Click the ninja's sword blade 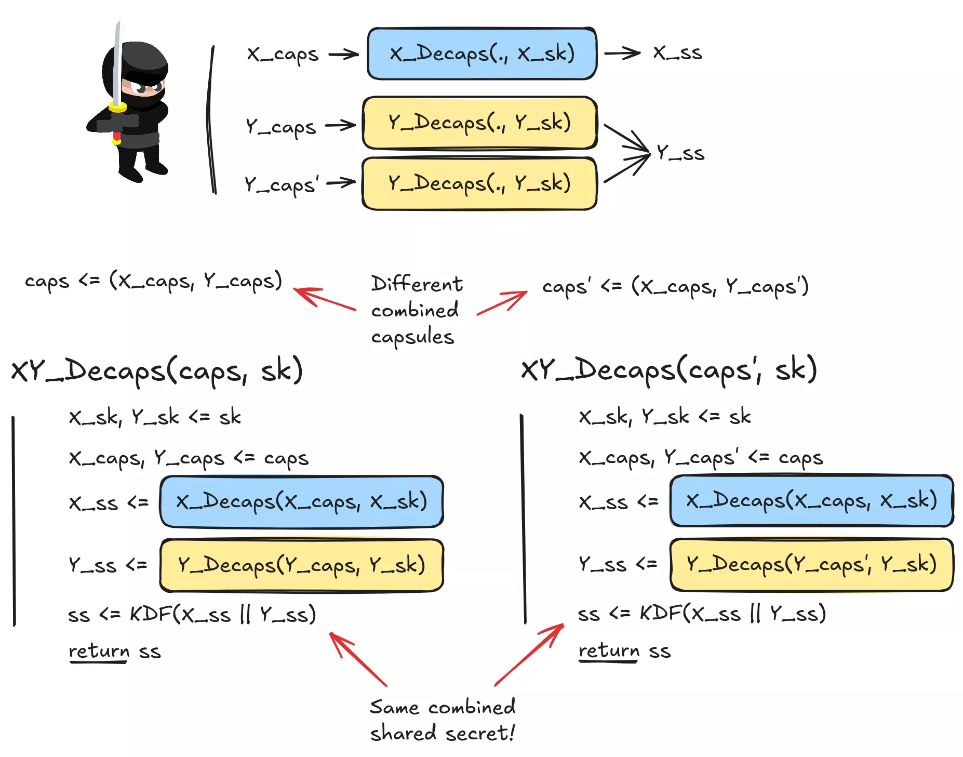tap(118, 62)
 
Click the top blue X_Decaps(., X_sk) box tap(481, 54)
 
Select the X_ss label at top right tap(677, 53)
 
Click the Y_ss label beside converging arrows tap(680, 153)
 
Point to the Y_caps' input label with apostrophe tap(281, 184)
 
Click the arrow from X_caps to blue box tap(343, 54)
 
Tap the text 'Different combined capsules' tap(416, 310)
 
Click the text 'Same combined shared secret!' tap(442, 720)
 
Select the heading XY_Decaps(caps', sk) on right tap(669, 370)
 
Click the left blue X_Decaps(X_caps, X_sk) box tap(301, 502)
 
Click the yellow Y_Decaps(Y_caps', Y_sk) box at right tap(811, 564)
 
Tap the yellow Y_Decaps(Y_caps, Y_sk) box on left tap(301, 565)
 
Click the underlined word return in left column tap(99, 652)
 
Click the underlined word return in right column tap(609, 651)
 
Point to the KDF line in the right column tap(701, 614)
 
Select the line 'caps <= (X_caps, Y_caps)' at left tap(153, 281)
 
